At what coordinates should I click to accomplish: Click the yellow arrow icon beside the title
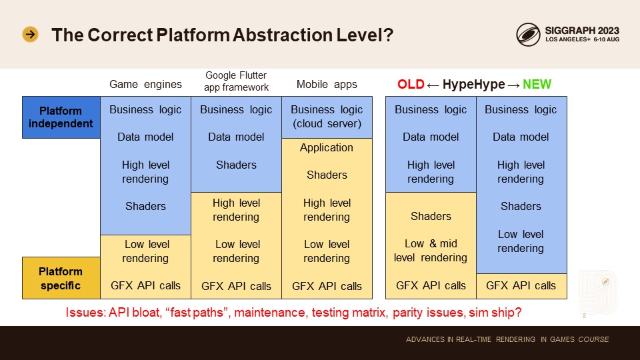click(30, 34)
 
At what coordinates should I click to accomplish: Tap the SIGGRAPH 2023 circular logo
click(528, 34)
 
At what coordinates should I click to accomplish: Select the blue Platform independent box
click(61, 117)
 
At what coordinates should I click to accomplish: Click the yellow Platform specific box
click(61, 278)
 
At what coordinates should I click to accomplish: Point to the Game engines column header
click(145, 85)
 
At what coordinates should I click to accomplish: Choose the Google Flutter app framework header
click(236, 81)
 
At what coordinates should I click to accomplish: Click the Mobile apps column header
click(327, 85)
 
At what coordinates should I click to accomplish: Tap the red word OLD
click(411, 85)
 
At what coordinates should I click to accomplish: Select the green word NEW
click(537, 85)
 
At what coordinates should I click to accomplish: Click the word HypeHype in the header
click(474, 85)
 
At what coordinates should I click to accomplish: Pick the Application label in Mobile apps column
click(327, 148)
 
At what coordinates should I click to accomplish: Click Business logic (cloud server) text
click(327, 117)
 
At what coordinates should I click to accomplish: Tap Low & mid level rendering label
click(431, 251)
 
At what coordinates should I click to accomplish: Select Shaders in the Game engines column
click(145, 206)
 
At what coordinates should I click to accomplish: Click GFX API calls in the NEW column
click(521, 286)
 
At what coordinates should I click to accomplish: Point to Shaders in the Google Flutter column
click(236, 165)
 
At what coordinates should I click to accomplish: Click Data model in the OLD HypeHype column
click(431, 137)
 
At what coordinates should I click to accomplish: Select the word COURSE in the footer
click(594, 339)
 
